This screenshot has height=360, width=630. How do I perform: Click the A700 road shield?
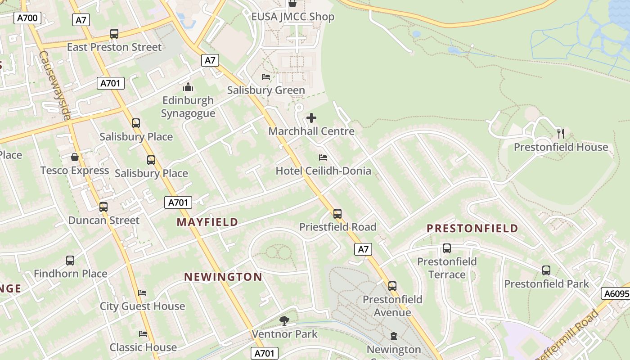point(27,18)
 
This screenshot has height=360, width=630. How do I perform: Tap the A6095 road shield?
point(616,294)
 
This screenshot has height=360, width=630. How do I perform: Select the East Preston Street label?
point(114,47)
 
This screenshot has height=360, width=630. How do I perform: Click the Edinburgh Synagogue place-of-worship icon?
point(188,87)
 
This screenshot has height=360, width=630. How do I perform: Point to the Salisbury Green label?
point(266,90)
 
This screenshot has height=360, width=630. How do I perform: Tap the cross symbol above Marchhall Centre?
point(311,118)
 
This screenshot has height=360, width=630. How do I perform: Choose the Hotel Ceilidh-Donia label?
point(323,171)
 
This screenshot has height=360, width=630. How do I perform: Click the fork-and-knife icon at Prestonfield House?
point(560,134)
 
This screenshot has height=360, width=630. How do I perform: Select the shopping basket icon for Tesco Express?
point(75,157)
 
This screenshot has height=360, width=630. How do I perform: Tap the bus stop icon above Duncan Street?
point(103,207)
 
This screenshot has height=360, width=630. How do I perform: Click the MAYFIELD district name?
point(207,222)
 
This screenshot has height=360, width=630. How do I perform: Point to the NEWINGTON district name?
point(223,277)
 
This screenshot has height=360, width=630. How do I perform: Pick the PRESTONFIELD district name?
point(472,229)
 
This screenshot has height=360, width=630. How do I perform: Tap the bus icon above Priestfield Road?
point(337,214)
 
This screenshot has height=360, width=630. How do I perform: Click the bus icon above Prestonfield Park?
point(546,270)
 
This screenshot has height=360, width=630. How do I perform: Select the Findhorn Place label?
point(70,274)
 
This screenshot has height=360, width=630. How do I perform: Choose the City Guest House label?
point(142,306)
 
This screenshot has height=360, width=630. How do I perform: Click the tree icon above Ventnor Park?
point(284,321)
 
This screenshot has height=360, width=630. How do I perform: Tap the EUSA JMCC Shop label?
point(292,17)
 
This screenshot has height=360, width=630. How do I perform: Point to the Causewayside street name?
point(55,85)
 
